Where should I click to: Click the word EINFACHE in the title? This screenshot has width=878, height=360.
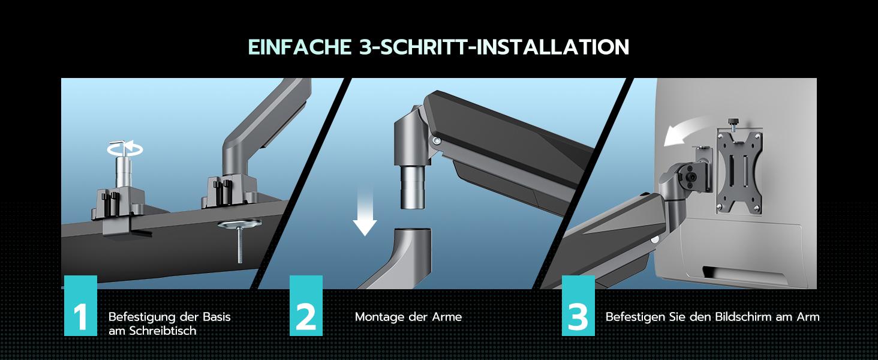pyautogui.click(x=300, y=47)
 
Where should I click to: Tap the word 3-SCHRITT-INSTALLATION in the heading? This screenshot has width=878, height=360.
pyautogui.click(x=494, y=47)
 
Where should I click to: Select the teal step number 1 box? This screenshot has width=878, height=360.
pyautogui.click(x=80, y=305)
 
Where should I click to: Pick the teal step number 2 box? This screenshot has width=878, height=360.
pyautogui.click(x=306, y=305)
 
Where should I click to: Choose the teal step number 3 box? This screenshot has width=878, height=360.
pyautogui.click(x=578, y=305)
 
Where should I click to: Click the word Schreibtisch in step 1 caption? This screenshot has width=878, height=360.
pyautogui.click(x=163, y=331)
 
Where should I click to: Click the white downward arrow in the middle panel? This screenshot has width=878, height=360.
pyautogui.click(x=365, y=212)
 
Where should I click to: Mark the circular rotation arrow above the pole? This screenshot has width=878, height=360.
pyautogui.click(x=125, y=149)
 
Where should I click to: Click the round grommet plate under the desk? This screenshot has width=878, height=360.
pyautogui.click(x=239, y=224)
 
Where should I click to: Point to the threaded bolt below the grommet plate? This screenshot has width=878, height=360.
pyautogui.click(x=240, y=245)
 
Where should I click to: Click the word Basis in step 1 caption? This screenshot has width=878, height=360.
pyautogui.click(x=217, y=317)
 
